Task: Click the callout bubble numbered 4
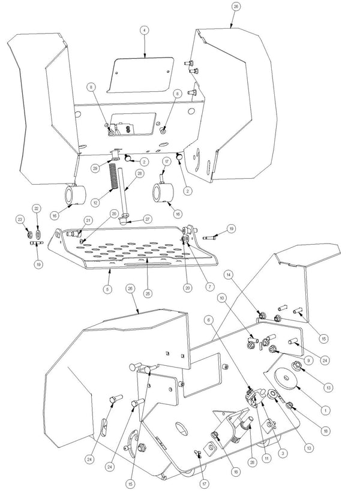145,31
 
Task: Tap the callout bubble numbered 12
95,202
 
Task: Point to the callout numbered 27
139,219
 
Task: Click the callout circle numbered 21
88,220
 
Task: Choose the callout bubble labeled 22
37,209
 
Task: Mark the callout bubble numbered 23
20,220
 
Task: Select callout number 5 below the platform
107,288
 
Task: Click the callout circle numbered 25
148,293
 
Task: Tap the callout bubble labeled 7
210,287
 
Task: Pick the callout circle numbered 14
229,275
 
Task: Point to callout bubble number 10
222,297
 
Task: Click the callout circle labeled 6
208,320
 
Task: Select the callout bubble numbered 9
308,360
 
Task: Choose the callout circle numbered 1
325,410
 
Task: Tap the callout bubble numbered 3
283,453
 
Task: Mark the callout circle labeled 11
266,458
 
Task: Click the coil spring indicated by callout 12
113,177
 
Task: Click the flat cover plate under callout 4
140,75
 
